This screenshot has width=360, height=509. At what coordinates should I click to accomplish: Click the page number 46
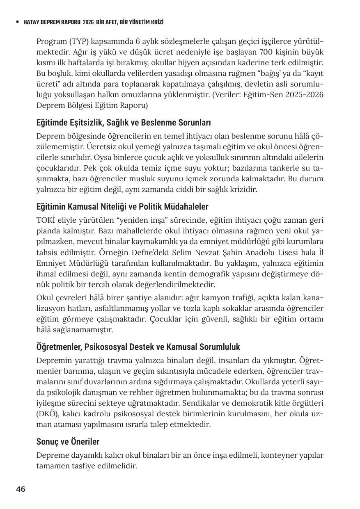tap(21, 489)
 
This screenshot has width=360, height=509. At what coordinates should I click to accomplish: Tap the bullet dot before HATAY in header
tap(17, 22)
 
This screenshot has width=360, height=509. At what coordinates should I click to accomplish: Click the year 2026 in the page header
tap(88, 22)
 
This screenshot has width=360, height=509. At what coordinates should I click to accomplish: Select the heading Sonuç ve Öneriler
tap(68, 442)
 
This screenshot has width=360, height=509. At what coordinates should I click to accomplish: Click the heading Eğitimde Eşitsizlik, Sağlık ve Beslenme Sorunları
tap(124, 123)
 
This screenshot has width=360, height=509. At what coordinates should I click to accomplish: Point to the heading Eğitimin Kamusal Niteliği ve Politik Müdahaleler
tap(122, 206)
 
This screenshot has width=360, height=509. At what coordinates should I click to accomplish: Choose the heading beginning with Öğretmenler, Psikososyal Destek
tap(138, 347)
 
